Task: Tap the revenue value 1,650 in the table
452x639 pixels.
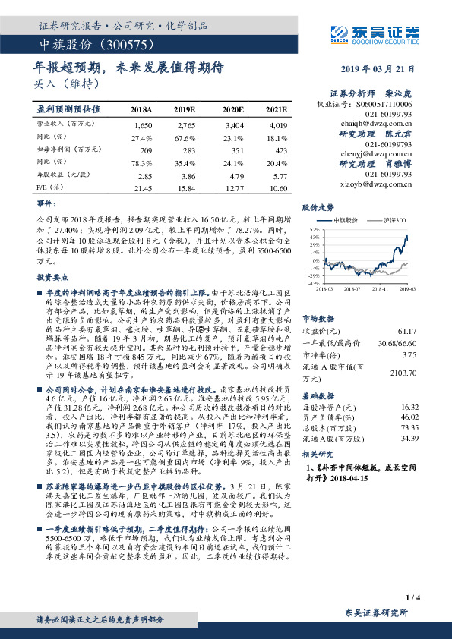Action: pos(143,123)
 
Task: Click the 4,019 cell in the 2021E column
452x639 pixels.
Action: pos(278,123)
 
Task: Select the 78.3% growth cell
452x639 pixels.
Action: pos(143,162)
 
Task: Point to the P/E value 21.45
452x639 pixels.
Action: pos(143,188)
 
